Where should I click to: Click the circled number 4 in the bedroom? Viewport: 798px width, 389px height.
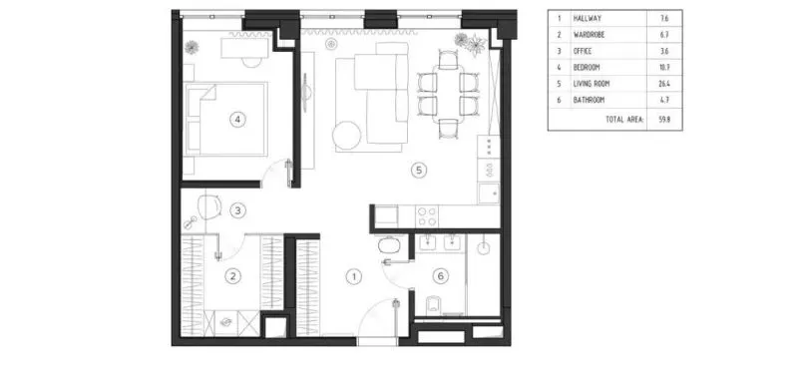click(237, 120)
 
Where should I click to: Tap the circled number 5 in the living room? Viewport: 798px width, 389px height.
click(419, 170)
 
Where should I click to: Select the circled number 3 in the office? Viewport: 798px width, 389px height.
click(237, 210)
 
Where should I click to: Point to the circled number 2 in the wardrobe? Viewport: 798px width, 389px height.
click(232, 276)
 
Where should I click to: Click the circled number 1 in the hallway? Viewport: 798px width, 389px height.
click(354, 277)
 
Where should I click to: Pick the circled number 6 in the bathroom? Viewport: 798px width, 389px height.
click(441, 276)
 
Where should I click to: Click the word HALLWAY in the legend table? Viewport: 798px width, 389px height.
click(588, 18)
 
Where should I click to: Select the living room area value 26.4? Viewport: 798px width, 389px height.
click(663, 84)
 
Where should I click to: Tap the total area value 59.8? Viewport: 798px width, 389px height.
click(663, 120)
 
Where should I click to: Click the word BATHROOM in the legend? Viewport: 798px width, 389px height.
click(589, 101)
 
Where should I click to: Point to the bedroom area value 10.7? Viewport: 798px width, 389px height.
click(663, 67)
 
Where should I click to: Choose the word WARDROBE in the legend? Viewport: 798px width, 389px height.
click(590, 35)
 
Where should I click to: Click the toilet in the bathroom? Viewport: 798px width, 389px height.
click(433, 305)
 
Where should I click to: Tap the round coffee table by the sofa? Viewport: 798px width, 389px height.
click(347, 135)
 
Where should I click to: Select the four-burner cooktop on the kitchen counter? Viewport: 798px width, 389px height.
click(427, 215)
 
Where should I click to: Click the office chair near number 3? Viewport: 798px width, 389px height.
click(209, 206)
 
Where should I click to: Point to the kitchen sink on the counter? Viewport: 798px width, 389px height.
click(489, 194)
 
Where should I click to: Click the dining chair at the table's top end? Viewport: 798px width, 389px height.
click(448, 60)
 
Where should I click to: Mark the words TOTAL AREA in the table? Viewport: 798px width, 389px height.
click(624, 120)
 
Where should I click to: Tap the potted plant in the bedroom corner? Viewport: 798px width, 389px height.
click(192, 47)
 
